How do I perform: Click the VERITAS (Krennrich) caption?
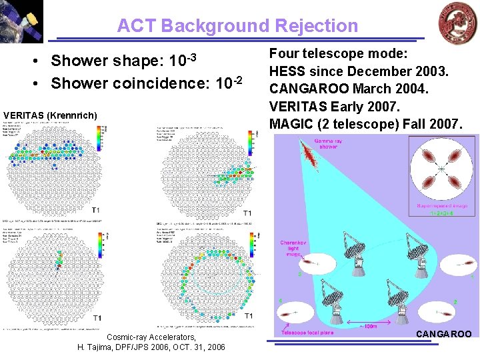click(x=50, y=116)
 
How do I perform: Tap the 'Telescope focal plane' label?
click(x=307, y=332)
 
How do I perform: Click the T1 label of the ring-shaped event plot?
click(x=249, y=315)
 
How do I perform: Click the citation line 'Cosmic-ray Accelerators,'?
click(x=151, y=337)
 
